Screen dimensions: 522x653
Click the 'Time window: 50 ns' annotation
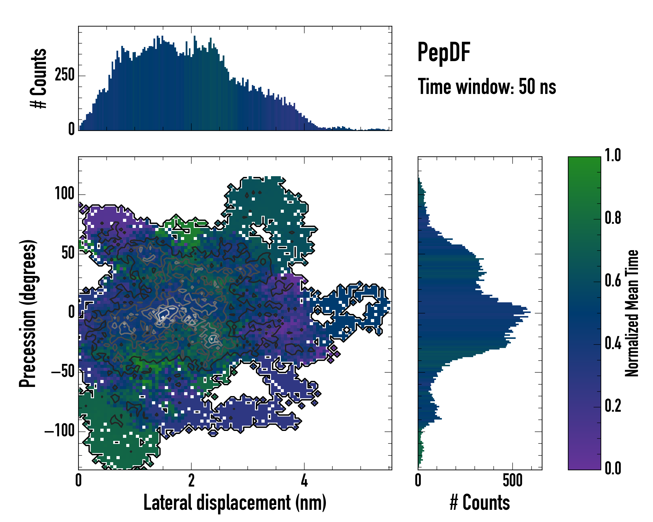click(x=487, y=87)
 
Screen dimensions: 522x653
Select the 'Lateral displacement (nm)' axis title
click(x=235, y=503)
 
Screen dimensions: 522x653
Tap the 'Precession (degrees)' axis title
click(x=28, y=313)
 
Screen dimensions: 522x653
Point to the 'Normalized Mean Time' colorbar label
click(x=632, y=313)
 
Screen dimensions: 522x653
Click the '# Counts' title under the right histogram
click(x=480, y=503)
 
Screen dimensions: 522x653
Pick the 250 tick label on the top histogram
click(x=64, y=75)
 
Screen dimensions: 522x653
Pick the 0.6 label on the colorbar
click(x=613, y=281)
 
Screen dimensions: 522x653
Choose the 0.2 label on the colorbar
click(x=613, y=406)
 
